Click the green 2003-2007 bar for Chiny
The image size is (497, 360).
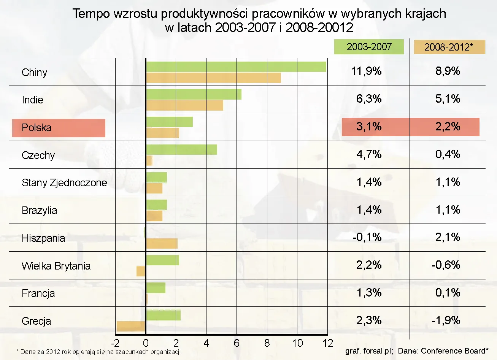pyautogui.click(x=236, y=67)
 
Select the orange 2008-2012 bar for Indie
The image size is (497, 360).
pyautogui.click(x=184, y=105)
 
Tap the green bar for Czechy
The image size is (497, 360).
pyautogui.click(x=181, y=149)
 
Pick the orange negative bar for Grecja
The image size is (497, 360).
pyautogui.click(x=131, y=326)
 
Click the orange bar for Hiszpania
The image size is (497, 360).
pyautogui.click(x=162, y=243)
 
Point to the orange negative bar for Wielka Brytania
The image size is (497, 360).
pyautogui.click(x=141, y=271)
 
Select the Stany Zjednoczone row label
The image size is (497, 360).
pyautogui.click(x=64, y=183)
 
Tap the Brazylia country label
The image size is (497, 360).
pyautogui.click(x=39, y=211)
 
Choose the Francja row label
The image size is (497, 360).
pyautogui.click(x=38, y=293)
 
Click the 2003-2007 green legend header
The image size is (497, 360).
pyautogui.click(x=369, y=47)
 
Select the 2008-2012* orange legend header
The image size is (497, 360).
pyautogui.click(x=449, y=47)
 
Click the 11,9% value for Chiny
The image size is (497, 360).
pyautogui.click(x=367, y=71)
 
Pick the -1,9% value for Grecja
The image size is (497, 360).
pyautogui.click(x=446, y=320)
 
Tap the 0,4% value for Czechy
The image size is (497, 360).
pyautogui.click(x=448, y=154)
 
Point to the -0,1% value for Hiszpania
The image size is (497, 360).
pyautogui.click(x=367, y=237)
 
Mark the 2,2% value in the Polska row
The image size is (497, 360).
pyautogui.click(x=448, y=127)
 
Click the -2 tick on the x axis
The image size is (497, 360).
pyautogui.click(x=115, y=343)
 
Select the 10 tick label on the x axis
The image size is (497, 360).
pyautogui.click(x=297, y=343)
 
